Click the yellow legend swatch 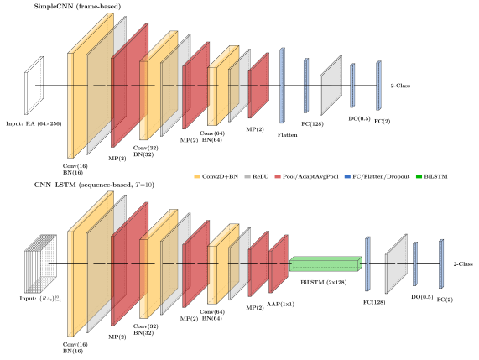[x=197, y=176]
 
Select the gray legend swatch [x=247, y=176]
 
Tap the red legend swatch [x=278, y=176]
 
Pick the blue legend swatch [x=347, y=176]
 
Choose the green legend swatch [x=419, y=176]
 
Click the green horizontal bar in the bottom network [x=325, y=264]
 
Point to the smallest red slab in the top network [x=259, y=86]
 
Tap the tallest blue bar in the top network [x=282, y=86]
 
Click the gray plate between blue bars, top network [x=331, y=86]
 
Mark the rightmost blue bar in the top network [x=378, y=86]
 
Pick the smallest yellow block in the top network [x=213, y=96]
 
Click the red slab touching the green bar [x=279, y=263]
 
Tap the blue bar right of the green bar [x=367, y=263]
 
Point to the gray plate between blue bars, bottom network [x=396, y=263]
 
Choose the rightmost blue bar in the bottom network [x=441, y=263]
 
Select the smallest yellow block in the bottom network [x=213, y=274]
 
